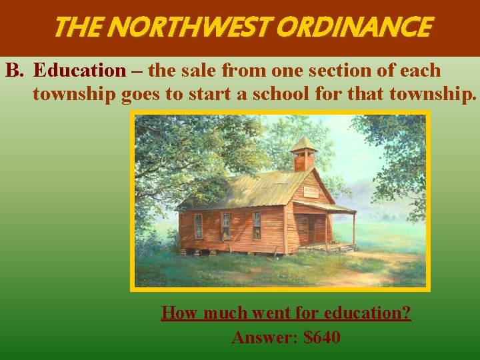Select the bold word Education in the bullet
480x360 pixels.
(x=79, y=70)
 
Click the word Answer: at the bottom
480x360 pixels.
(x=264, y=337)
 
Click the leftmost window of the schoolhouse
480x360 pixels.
(x=198, y=226)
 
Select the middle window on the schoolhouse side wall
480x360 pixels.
(x=226, y=226)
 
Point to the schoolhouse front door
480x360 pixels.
(x=312, y=229)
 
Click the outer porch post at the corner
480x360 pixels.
(x=353, y=230)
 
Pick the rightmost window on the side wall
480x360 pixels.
(x=257, y=225)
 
